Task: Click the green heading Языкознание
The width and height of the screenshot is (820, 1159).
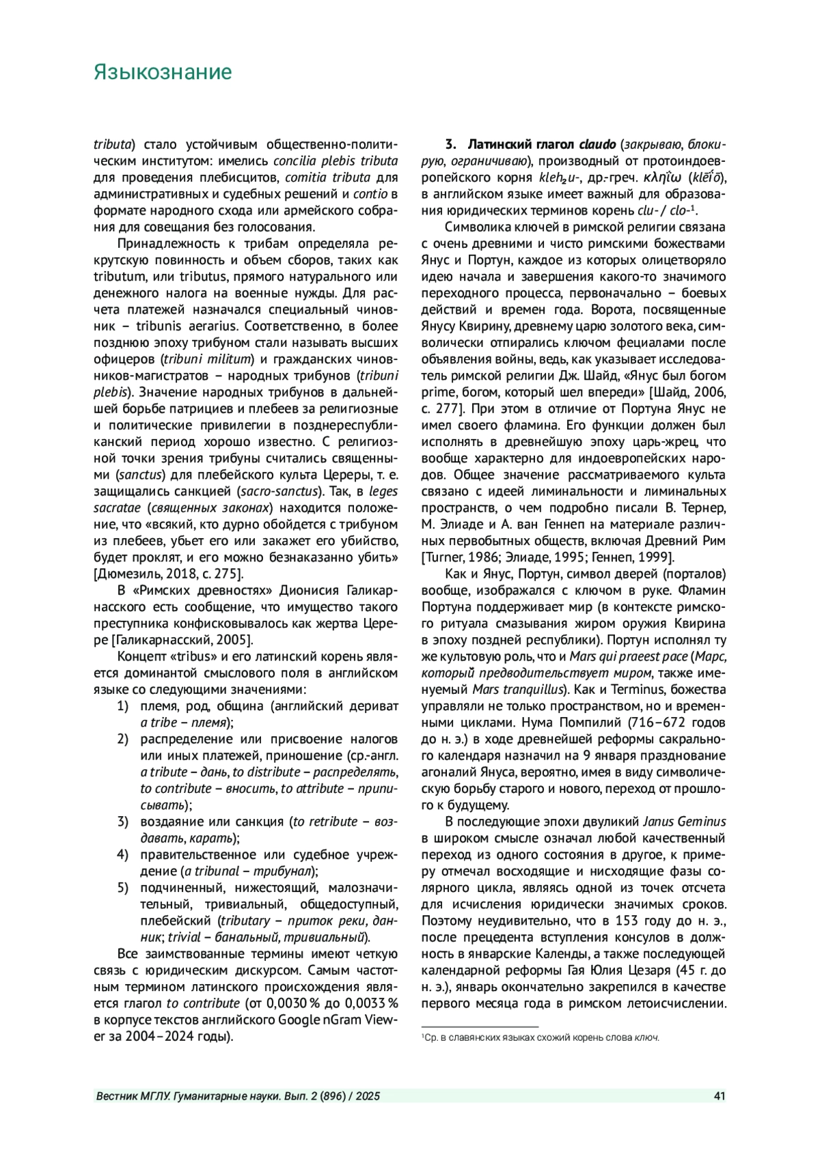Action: [163, 72]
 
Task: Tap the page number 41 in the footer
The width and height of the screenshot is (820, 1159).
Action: [719, 1096]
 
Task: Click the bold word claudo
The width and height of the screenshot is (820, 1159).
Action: [599, 145]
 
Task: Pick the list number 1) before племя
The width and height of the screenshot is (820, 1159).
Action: [123, 706]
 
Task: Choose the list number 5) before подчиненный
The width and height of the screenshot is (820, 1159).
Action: [123, 888]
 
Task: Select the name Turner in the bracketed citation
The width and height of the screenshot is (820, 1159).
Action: [443, 557]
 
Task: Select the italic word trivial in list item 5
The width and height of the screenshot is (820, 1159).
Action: [184, 938]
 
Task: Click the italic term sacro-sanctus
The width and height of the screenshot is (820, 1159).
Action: [278, 491]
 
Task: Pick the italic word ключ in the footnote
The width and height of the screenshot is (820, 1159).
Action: [646, 1038]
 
